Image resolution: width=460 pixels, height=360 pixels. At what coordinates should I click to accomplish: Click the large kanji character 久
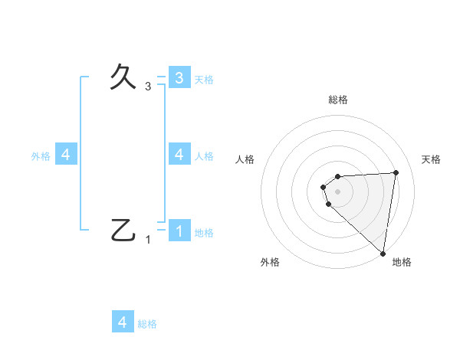[x=124, y=77]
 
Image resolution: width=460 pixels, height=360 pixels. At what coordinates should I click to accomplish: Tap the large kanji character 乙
[x=124, y=230]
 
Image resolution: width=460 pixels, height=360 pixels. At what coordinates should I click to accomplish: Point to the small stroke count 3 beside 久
[x=148, y=87]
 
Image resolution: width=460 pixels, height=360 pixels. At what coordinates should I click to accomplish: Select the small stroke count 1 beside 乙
[x=148, y=240]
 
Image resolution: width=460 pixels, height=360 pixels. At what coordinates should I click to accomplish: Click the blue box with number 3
[x=179, y=77]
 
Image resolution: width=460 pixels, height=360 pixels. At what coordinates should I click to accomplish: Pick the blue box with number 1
[x=179, y=231]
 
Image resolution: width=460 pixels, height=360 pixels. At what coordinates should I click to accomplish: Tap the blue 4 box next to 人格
[x=179, y=154]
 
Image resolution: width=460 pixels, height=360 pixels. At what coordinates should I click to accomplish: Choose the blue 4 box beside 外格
[x=66, y=154]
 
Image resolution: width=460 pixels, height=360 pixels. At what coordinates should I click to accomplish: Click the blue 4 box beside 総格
[x=123, y=322]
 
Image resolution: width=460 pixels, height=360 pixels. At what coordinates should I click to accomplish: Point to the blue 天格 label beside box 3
[x=204, y=80]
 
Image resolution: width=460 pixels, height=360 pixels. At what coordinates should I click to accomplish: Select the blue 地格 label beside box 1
[x=204, y=233]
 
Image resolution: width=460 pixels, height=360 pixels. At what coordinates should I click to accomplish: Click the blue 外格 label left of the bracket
[x=41, y=156]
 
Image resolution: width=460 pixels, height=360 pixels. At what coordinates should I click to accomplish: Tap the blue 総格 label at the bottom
[x=147, y=324]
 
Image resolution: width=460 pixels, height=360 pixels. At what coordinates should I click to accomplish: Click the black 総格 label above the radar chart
[x=338, y=100]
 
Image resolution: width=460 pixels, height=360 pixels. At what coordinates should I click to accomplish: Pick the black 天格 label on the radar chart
[x=431, y=159]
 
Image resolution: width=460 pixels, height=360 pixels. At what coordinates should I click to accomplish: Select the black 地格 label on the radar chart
[x=402, y=262]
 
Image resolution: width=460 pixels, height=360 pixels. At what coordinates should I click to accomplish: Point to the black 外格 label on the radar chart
[x=270, y=262]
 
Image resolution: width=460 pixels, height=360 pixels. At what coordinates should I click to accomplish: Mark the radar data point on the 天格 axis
[x=396, y=172]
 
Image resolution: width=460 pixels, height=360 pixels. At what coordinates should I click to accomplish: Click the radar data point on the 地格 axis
[x=383, y=253]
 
